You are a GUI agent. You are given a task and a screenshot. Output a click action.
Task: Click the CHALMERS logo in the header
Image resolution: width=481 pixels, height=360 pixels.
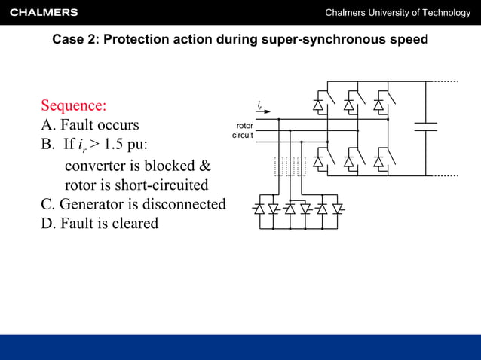pyautogui.click(x=44, y=12)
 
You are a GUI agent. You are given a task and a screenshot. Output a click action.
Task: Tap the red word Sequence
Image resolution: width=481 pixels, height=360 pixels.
pyautogui.click(x=74, y=105)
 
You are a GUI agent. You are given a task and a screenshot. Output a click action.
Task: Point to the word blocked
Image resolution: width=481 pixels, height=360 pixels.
pyautogui.click(x=170, y=165)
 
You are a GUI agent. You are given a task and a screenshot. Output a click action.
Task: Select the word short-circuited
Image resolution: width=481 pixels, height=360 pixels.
pyautogui.click(x=161, y=185)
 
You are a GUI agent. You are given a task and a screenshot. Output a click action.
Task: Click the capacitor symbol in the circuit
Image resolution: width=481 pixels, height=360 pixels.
pyautogui.click(x=426, y=126)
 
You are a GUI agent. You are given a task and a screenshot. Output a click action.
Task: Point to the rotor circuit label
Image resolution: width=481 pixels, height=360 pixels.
pyautogui.click(x=244, y=130)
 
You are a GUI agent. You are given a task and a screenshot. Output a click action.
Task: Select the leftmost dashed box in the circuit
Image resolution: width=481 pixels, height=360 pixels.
pyautogui.click(x=279, y=166)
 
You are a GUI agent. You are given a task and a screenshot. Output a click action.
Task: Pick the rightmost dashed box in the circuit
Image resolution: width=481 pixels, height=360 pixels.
pyautogui.click(x=302, y=166)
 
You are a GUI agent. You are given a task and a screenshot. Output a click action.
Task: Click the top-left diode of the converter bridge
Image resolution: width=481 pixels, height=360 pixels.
pyautogui.click(x=318, y=105)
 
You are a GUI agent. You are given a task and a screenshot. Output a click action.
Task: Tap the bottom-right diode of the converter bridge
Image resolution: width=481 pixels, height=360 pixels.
pyautogui.click(x=379, y=161)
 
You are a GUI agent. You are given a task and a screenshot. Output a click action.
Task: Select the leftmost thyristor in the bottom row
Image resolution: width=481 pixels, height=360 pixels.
pyautogui.click(x=259, y=209)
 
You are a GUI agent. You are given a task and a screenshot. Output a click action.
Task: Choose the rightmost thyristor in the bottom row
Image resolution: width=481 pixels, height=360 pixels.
pyautogui.click(x=338, y=209)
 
